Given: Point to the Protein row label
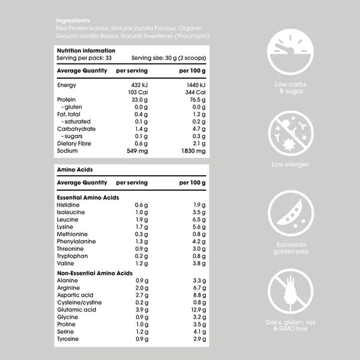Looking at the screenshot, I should [66, 100].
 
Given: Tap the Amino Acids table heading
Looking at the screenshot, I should [72, 170].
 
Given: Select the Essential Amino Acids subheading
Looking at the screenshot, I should [88, 197].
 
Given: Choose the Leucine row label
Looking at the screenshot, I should [67, 220].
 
